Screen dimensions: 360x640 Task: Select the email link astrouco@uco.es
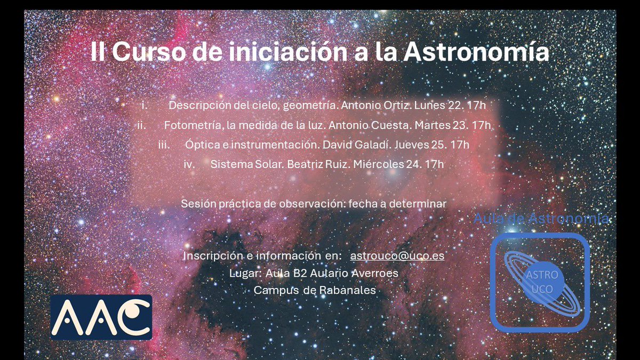[397, 255]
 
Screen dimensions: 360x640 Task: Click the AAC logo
[101, 317]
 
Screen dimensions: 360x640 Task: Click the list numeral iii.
[164, 145]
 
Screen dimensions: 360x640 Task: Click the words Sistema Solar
[246, 164]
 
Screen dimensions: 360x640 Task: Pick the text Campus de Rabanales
[315, 291]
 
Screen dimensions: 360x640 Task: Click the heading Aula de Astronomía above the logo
[541, 219]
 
